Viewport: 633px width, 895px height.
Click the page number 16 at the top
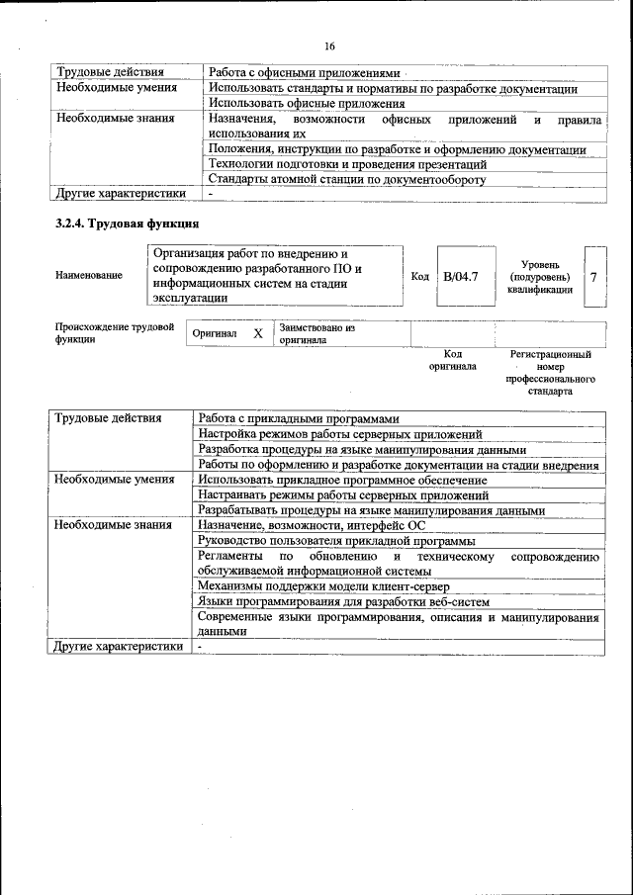point(330,45)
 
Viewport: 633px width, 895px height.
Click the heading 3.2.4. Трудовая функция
point(128,224)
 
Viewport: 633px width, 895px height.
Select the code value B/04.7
point(460,276)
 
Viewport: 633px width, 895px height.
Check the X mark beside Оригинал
point(257,334)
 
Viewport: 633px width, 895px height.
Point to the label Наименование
point(90,275)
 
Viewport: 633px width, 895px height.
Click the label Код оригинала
point(452,360)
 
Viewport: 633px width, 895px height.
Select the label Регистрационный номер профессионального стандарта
point(550,372)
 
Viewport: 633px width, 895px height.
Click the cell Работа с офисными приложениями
point(303,72)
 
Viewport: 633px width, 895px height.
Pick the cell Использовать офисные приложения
point(307,103)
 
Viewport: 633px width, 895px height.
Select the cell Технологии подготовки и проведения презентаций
point(347,164)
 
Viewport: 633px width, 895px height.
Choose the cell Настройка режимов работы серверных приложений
point(339,433)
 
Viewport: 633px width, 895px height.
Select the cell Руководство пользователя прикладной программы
point(336,541)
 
